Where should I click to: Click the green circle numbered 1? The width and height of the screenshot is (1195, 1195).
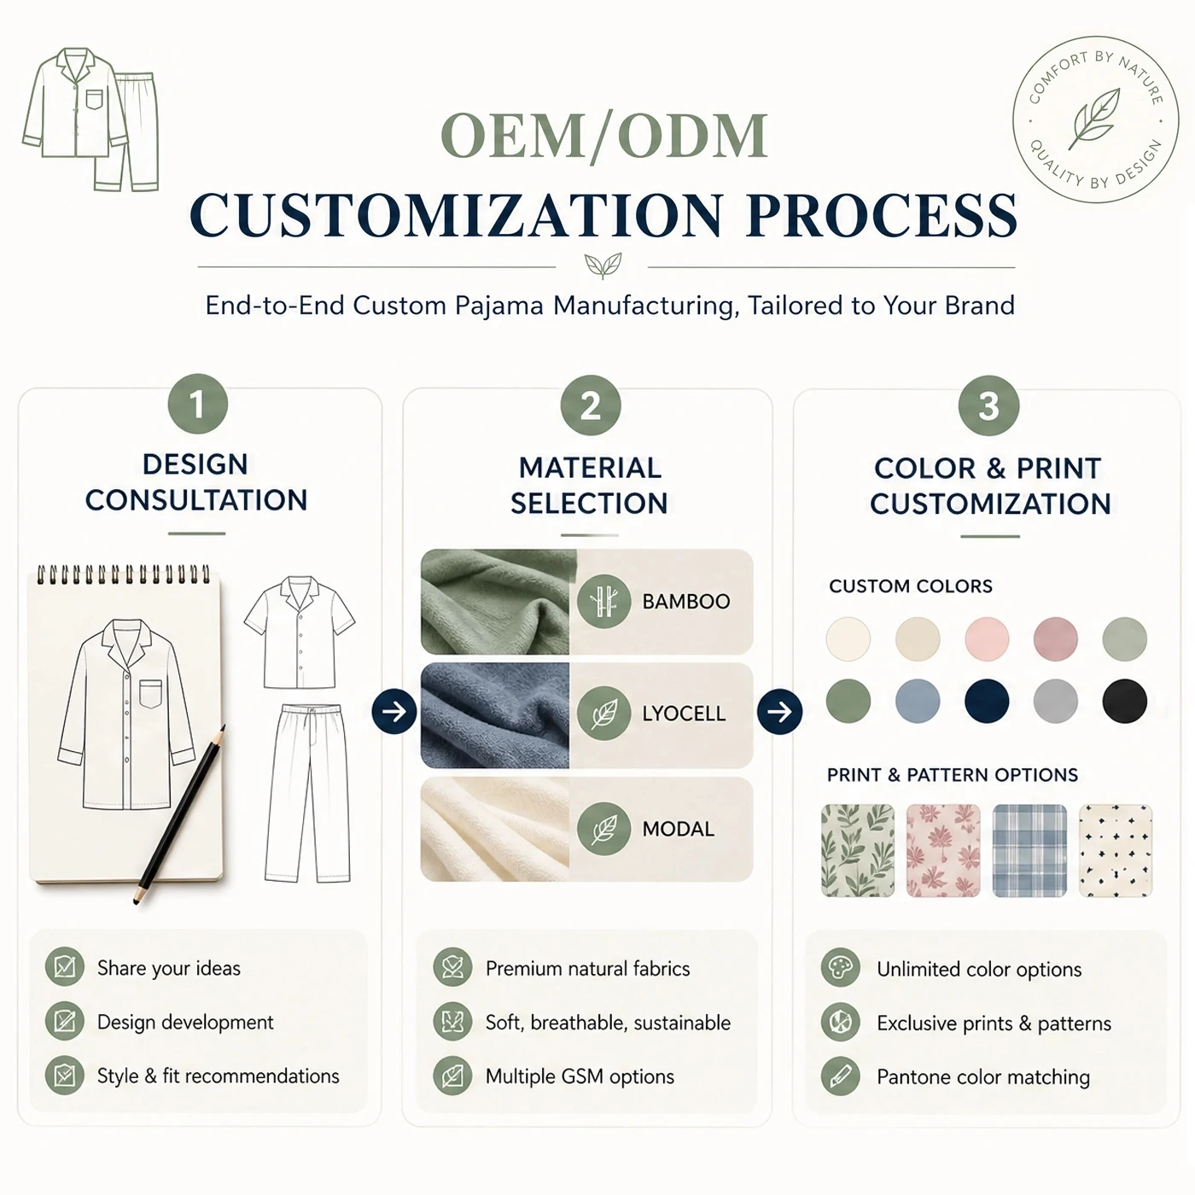point(198,404)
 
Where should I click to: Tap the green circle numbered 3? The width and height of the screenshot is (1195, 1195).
point(988,405)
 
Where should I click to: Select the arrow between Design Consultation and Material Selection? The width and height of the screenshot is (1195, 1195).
point(394,711)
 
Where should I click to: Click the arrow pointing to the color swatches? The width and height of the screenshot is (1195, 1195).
point(779,711)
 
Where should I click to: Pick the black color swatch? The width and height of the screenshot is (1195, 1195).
point(1124,701)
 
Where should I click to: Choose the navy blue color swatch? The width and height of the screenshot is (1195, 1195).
point(987,701)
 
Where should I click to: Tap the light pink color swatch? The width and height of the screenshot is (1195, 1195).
point(987,638)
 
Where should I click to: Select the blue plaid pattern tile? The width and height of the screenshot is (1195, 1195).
point(1029,850)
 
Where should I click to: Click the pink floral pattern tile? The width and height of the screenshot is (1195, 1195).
point(943,850)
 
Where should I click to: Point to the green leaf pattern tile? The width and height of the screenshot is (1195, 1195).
point(858,850)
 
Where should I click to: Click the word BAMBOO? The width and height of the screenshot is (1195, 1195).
point(686,602)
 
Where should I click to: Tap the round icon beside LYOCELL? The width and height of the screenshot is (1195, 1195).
point(604,713)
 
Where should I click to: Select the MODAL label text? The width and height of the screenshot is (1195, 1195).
point(678,829)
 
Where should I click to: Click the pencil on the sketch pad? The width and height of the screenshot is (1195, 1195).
point(179,813)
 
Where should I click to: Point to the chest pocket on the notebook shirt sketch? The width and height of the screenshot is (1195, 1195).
point(151,694)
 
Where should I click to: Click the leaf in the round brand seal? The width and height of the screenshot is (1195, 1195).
point(1095,119)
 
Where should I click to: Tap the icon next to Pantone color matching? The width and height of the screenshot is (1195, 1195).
point(840,1076)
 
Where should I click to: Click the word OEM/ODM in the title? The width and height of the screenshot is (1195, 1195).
point(604,135)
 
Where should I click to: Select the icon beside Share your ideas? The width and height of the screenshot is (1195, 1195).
point(65,966)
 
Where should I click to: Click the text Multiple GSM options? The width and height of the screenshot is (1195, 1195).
point(580,1076)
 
